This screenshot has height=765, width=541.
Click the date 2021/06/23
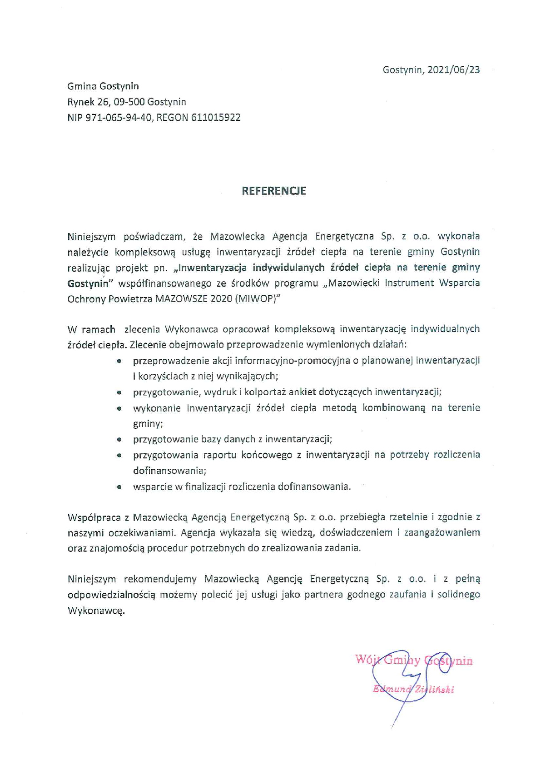453,70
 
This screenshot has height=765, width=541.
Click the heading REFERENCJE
273,191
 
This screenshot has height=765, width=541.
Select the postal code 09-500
129,102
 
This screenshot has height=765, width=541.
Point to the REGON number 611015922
216,118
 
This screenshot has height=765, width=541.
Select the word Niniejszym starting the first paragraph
91,237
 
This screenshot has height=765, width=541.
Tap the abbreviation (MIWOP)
255,299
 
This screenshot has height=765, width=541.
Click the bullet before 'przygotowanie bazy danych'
119,439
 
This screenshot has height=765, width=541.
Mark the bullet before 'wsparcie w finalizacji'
119,487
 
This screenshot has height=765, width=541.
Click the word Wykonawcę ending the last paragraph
96,611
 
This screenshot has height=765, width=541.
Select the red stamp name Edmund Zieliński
413,689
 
